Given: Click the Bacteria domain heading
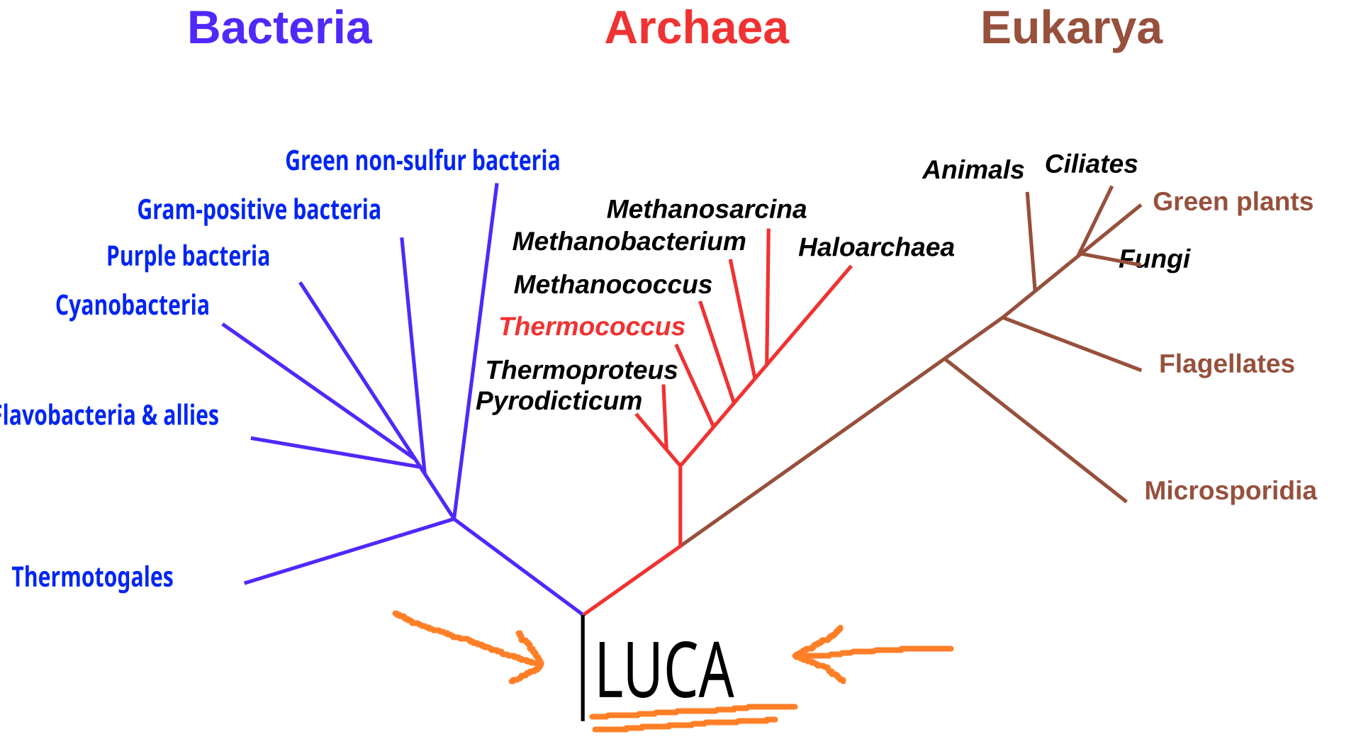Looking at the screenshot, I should pyautogui.click(x=279, y=28).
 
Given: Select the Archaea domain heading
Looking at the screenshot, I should pyautogui.click(x=697, y=28).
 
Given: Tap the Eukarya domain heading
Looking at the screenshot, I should pyautogui.click(x=1071, y=28).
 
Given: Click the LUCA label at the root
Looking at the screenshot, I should pyautogui.click(x=664, y=670).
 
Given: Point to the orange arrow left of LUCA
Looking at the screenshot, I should pyautogui.click(x=471, y=643).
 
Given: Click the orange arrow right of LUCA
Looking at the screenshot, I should pyautogui.click(x=872, y=652).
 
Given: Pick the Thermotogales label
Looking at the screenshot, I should pyautogui.click(x=93, y=577).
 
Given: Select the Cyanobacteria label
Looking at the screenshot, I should pyautogui.click(x=133, y=305).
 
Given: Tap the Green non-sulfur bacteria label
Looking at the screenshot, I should pyautogui.click(x=422, y=161).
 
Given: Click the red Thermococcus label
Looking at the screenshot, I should pyautogui.click(x=592, y=327).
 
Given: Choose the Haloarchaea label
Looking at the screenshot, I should pyautogui.click(x=876, y=247).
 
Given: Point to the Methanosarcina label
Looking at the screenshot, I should pyautogui.click(x=707, y=209).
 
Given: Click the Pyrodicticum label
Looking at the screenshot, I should pyautogui.click(x=559, y=401).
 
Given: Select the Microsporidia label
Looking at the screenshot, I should pyautogui.click(x=1231, y=490).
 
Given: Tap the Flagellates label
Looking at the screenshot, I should pyautogui.click(x=1226, y=363).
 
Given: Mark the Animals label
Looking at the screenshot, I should pyautogui.click(x=973, y=170).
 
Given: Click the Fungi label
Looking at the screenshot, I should pyautogui.click(x=1155, y=259).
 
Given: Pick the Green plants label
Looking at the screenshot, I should pyautogui.click(x=1233, y=202).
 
